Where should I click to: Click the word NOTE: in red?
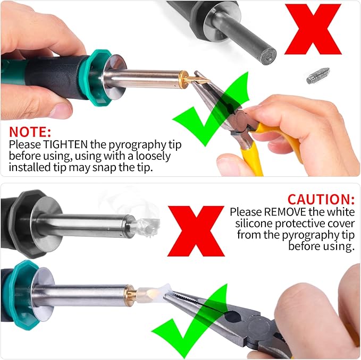[31, 132]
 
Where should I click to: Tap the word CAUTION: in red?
[321, 199]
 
